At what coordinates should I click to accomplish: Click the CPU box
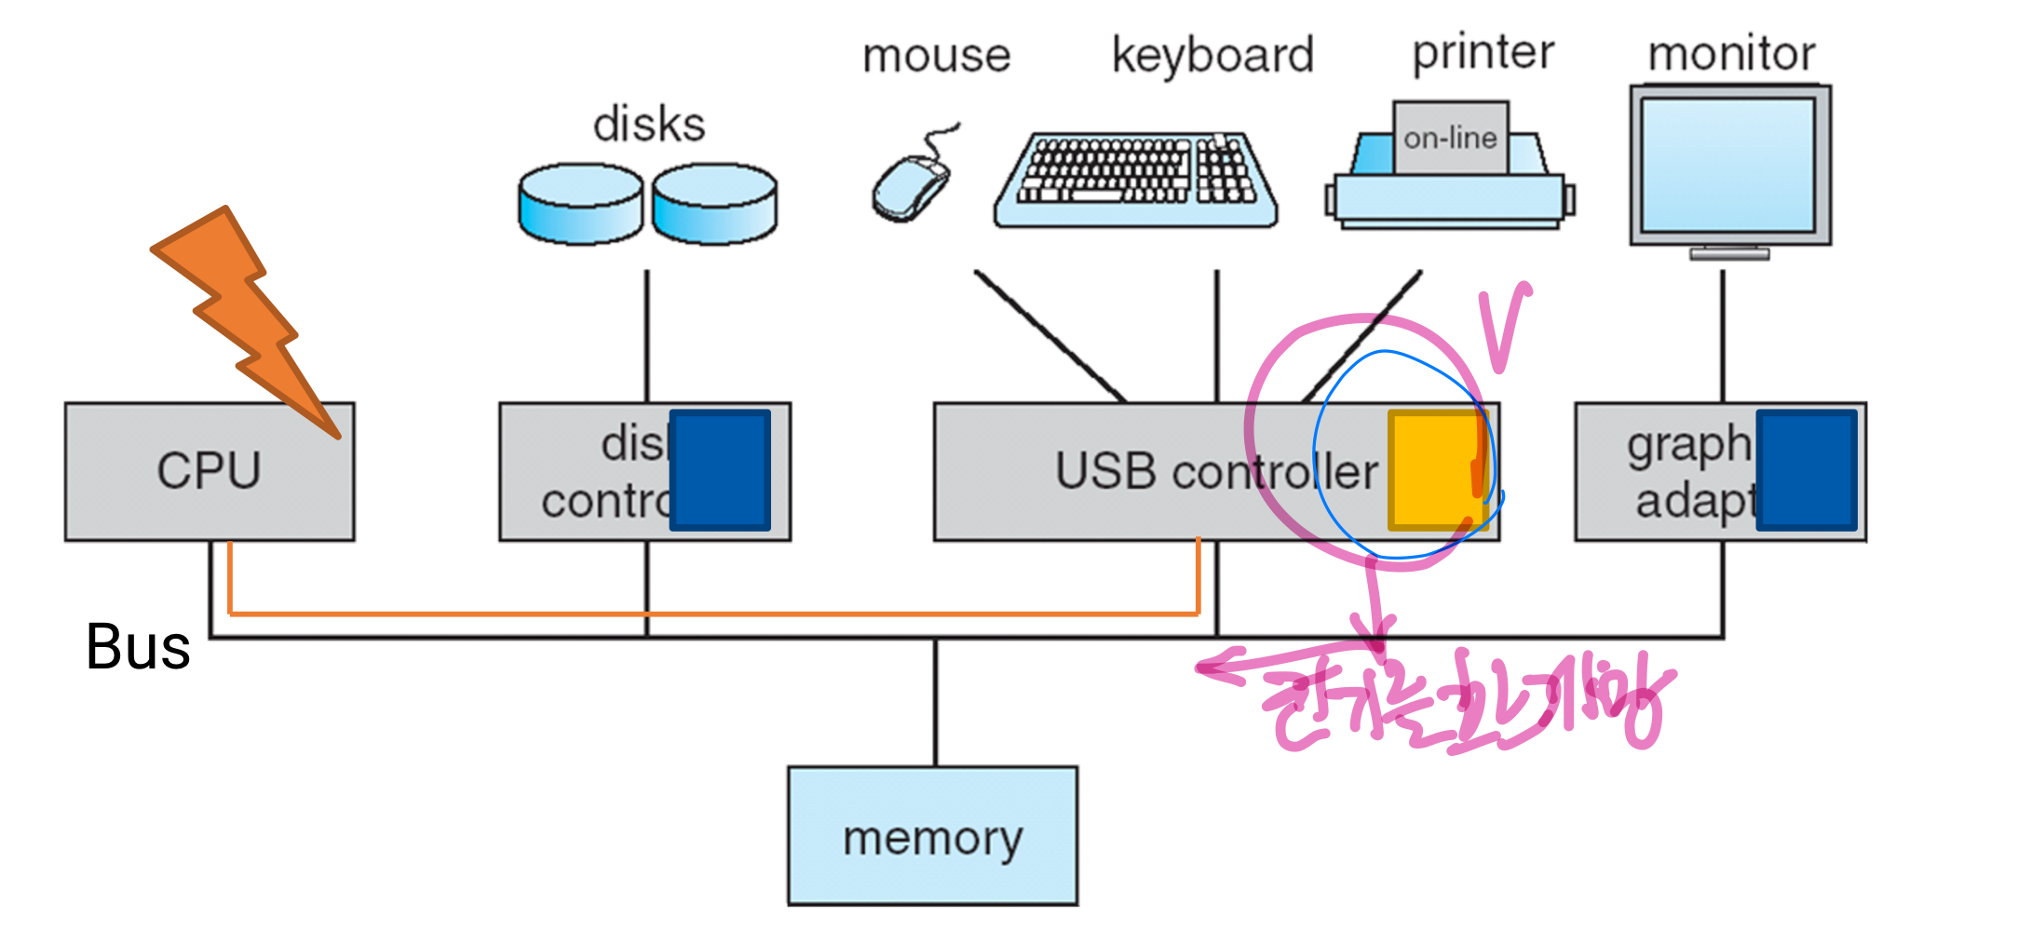pos(209,471)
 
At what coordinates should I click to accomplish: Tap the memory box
pos(932,836)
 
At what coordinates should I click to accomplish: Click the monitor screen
pos(1727,166)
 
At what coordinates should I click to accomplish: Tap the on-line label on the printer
pos(1450,139)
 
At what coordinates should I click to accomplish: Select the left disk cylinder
pos(580,204)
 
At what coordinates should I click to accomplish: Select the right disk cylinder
pos(714,204)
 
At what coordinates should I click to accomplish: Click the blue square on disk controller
pos(720,470)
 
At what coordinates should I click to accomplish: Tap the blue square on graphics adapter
pos(1807,470)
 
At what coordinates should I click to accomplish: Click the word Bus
pos(138,646)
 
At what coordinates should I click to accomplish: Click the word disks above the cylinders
pos(649,125)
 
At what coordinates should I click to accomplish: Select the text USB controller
pos(1215,471)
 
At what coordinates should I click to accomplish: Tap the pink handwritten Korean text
pos(1462,708)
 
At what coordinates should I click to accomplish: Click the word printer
pos(1483,52)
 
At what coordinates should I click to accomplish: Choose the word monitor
pos(1731,54)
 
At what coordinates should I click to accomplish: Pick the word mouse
pos(936,56)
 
